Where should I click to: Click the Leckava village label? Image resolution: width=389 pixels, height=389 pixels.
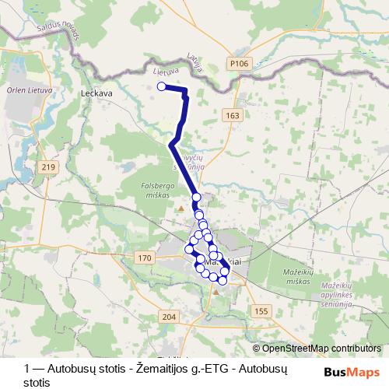(x=97, y=91)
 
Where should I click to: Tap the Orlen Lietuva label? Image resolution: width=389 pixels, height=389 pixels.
(x=26, y=87)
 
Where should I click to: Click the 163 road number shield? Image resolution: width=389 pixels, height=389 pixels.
(x=232, y=115)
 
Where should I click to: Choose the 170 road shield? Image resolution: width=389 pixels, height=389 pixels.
(x=142, y=258)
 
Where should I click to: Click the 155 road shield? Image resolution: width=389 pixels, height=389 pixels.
(x=260, y=310)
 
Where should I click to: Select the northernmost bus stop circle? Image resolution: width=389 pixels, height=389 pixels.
(x=162, y=87)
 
